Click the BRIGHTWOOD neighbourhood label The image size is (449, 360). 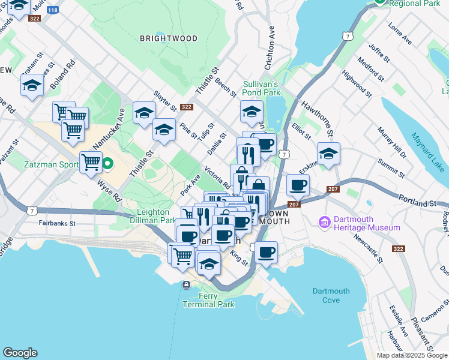coord(168,38)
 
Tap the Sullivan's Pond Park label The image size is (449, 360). coord(261,89)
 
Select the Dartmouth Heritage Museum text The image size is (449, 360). coord(367,223)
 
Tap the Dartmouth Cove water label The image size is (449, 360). coord(331,295)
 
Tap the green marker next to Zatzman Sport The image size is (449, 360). coord(108,163)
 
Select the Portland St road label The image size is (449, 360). coord(416,204)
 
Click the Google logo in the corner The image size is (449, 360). coord(20,353)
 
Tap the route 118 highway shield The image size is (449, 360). coord(53,10)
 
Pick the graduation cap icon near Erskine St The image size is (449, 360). coord(328,154)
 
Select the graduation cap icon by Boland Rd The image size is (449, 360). coord(32,85)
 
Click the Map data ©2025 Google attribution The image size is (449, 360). coord(412,355)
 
